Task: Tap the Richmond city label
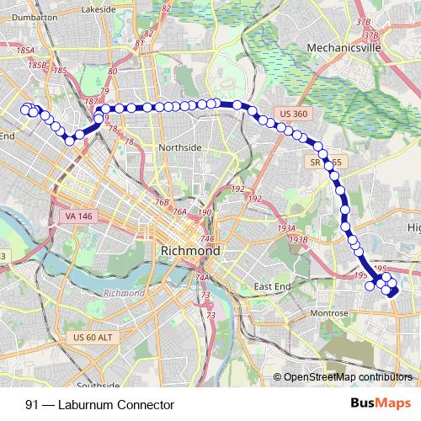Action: click(x=190, y=251)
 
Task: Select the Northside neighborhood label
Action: click(x=181, y=147)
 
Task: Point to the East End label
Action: click(x=272, y=287)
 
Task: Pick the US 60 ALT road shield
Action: click(x=90, y=338)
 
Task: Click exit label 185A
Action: click(x=24, y=51)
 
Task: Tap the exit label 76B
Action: click(x=163, y=202)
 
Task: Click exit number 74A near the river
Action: click(x=202, y=278)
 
